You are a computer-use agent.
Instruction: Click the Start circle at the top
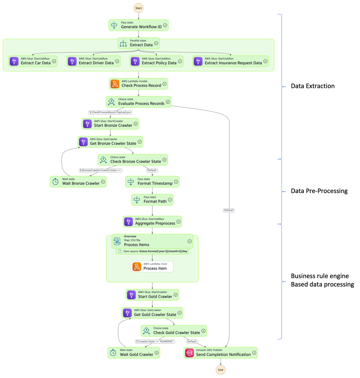pyautogui.click(x=139, y=8)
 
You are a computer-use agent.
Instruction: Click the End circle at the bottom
pyautogui.click(x=220, y=370)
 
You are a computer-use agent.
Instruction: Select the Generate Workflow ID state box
pyautogui.click(x=139, y=25)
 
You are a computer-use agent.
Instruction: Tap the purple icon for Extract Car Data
pyautogui.click(x=14, y=61)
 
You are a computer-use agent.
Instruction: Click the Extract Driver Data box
pyautogui.click(x=94, y=61)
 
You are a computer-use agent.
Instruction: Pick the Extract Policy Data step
pyautogui.click(x=156, y=61)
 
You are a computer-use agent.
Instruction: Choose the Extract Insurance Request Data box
pyautogui.click(x=231, y=61)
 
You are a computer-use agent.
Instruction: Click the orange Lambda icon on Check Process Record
pyautogui.click(x=115, y=84)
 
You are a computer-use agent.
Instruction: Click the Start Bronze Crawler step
pyautogui.click(x=110, y=124)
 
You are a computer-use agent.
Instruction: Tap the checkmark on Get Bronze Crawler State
pyautogui.click(x=139, y=142)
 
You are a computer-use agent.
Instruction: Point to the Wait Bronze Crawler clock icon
pyautogui.click(x=55, y=182)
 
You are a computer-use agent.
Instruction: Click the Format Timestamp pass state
pyautogui.click(x=152, y=182)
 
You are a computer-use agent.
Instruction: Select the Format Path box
pyautogui.click(x=152, y=200)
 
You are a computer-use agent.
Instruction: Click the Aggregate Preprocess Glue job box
pyautogui.click(x=152, y=221)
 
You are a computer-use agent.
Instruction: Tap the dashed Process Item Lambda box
pyautogui.click(x=152, y=267)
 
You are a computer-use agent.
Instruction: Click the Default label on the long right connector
pyautogui.click(x=229, y=210)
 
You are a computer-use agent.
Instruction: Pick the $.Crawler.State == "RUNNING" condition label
pyautogui.click(x=155, y=341)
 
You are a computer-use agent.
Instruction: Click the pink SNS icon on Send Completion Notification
pyautogui.click(x=190, y=353)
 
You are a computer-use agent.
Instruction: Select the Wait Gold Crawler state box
pyautogui.click(x=134, y=353)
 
